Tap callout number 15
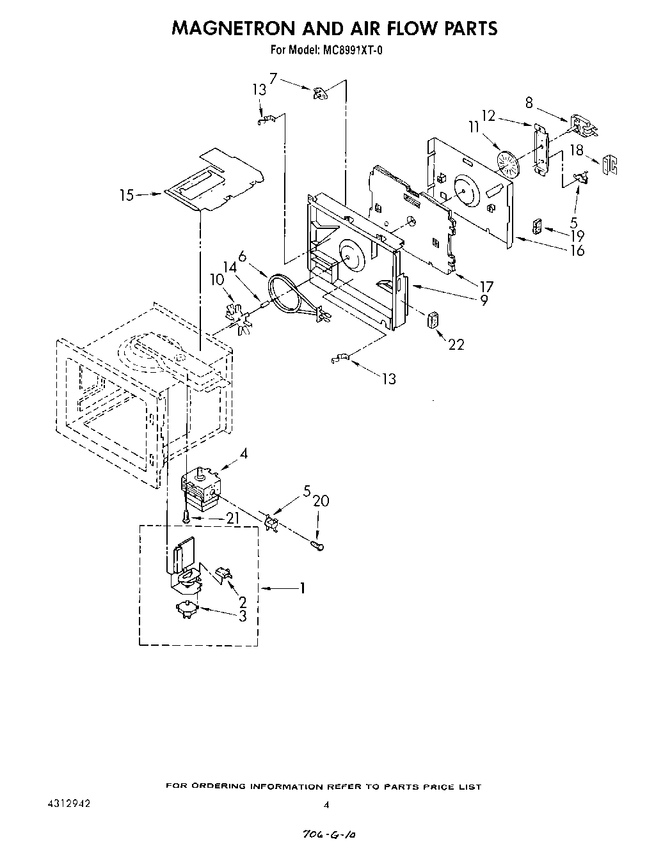pyautogui.click(x=127, y=195)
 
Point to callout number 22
pyautogui.click(x=456, y=344)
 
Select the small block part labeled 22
pyautogui.click(x=433, y=319)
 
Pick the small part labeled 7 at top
pyautogui.click(x=319, y=94)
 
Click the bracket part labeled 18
pyautogui.click(x=611, y=165)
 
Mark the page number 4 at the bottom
pyautogui.click(x=327, y=805)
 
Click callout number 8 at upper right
pyautogui.click(x=529, y=102)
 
